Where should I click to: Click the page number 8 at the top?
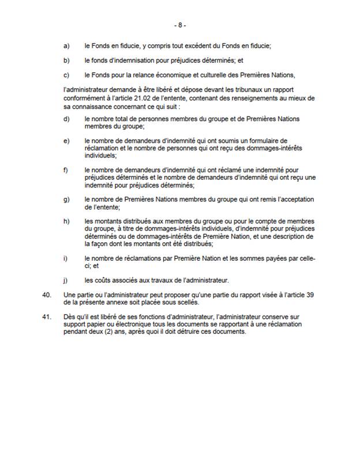coord(180,25)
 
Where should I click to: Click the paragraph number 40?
coord(48,295)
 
